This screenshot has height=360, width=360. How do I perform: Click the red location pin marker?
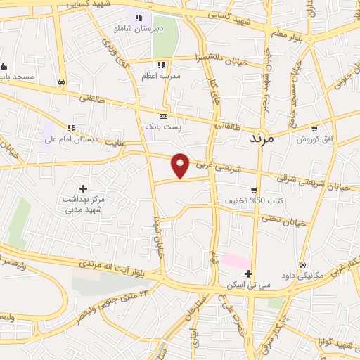pyautogui.click(x=181, y=165)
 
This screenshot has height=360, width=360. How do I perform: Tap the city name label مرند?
pyautogui.click(x=265, y=139)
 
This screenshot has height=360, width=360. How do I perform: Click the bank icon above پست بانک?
pyautogui.click(x=163, y=116)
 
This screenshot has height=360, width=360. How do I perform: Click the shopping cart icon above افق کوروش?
pyautogui.click(x=314, y=129)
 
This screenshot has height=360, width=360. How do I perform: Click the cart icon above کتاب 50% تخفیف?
pyautogui.click(x=253, y=191)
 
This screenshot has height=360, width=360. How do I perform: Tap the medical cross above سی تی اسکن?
pyautogui.click(x=247, y=274)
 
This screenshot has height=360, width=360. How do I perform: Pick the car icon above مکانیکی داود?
pyautogui.click(x=302, y=265)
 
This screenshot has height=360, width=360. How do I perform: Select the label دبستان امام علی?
pyautogui.click(x=70, y=139)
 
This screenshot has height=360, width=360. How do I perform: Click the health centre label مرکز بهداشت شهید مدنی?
pyautogui.click(x=83, y=204)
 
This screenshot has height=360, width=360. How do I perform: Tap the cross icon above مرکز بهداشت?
pyautogui.click(x=84, y=188)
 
